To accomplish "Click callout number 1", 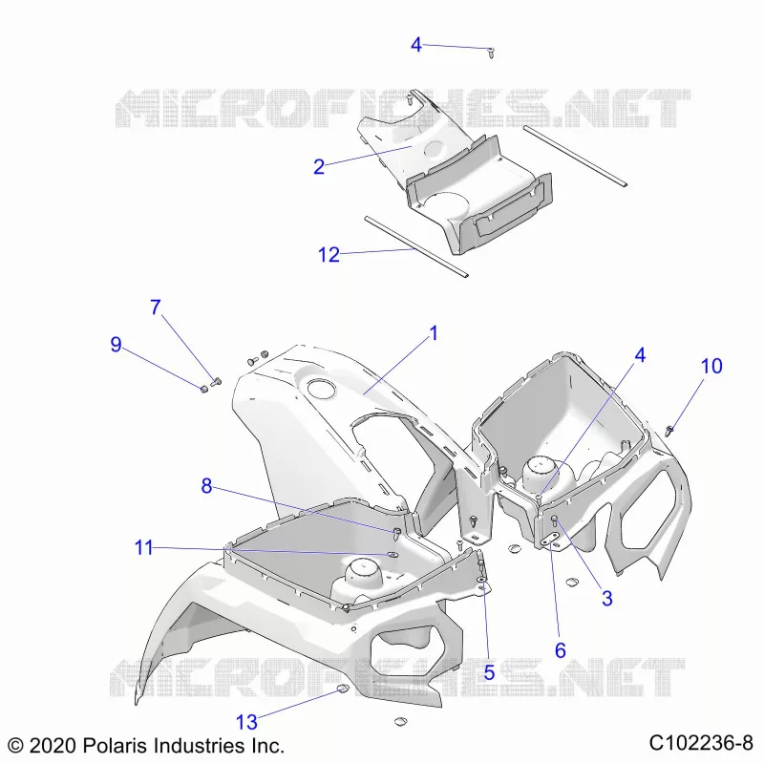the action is pyautogui.click(x=434, y=333).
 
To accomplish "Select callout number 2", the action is pyautogui.click(x=319, y=166).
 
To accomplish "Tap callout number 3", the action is pyautogui.click(x=606, y=599).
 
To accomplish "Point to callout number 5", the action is pyautogui.click(x=489, y=673).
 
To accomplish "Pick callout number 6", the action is pyautogui.click(x=561, y=650).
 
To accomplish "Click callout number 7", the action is pyautogui.click(x=156, y=307).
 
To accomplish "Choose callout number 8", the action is pyautogui.click(x=206, y=486).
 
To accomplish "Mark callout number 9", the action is pyautogui.click(x=116, y=345).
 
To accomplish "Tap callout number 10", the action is pyautogui.click(x=711, y=366).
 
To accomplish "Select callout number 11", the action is pyautogui.click(x=144, y=547).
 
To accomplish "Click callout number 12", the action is pyautogui.click(x=329, y=254).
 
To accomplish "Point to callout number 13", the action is pyautogui.click(x=246, y=722).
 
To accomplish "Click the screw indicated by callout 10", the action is pyautogui.click(x=670, y=430).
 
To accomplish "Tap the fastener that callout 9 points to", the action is pyautogui.click(x=204, y=389).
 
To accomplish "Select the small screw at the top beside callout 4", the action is pyautogui.click(x=491, y=53).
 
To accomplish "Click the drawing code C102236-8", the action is pyautogui.click(x=701, y=743).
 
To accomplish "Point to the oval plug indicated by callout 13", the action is pyautogui.click(x=343, y=688).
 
